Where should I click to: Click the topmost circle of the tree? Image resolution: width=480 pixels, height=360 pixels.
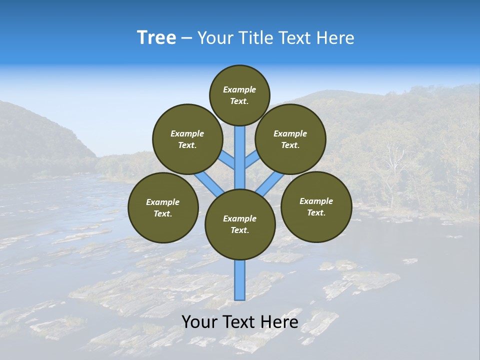tap(239, 95)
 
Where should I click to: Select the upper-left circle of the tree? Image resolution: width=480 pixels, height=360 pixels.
tap(187, 139)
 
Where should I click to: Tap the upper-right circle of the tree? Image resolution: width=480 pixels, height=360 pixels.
tap(290, 139)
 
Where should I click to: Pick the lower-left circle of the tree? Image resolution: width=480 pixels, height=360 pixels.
tap(163, 207)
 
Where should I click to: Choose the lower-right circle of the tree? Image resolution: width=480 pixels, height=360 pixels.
tap(316, 206)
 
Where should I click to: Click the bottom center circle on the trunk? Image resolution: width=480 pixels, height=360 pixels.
tap(240, 224)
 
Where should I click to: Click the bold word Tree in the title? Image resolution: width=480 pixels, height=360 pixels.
tap(156, 38)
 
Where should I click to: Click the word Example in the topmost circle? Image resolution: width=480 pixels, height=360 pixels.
tap(239, 89)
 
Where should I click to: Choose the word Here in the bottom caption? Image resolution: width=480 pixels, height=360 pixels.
tap(279, 322)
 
